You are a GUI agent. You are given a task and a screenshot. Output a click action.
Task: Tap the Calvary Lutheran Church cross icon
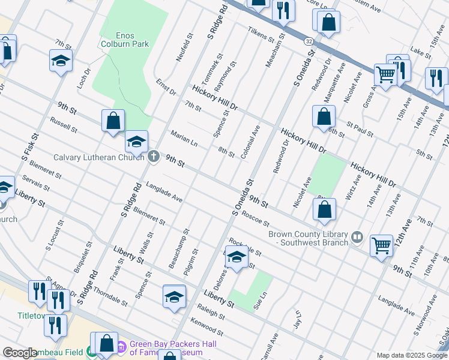(x=154, y=157)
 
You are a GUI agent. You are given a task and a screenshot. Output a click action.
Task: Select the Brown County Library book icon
(x=358, y=238)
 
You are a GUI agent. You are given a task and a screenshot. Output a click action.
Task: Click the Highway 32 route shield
(x=309, y=41)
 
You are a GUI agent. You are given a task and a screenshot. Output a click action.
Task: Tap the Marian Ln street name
(x=184, y=139)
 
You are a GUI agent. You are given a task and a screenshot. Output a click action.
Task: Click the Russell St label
(x=64, y=124)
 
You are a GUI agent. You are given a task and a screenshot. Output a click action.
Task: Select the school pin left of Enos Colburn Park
(x=61, y=60)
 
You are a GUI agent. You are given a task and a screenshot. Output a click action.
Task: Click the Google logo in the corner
(x=20, y=353)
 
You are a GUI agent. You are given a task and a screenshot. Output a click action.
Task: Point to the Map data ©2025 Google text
(x=411, y=355)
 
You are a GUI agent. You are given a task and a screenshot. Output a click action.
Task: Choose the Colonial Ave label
(x=250, y=142)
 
